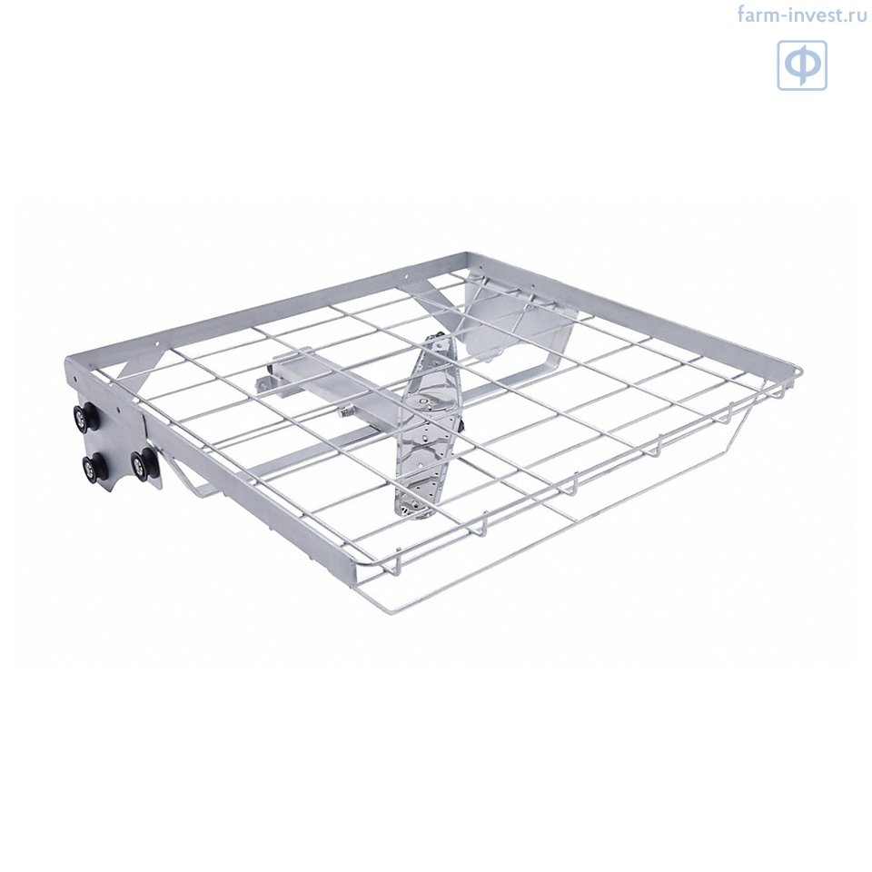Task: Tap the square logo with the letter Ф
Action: click(802, 65)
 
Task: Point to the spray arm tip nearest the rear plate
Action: click(441, 340)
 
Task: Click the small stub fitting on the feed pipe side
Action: click(345, 414)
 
